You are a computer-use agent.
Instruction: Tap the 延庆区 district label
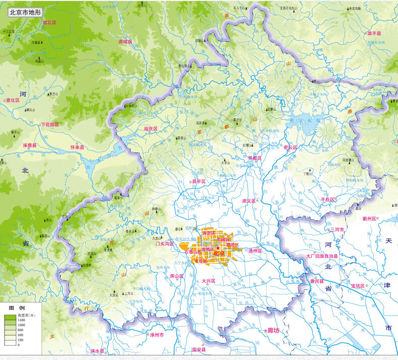coord(150,129)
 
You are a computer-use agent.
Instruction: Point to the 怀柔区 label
coord(255,158)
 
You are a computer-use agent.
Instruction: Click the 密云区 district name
coord(291,148)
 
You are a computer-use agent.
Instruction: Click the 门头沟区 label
coord(164,244)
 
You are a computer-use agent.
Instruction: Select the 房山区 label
coord(176,276)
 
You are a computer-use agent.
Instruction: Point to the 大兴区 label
coord(208,281)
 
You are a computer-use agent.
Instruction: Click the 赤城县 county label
coord(125,42)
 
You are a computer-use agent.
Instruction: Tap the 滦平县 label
coord(374,34)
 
